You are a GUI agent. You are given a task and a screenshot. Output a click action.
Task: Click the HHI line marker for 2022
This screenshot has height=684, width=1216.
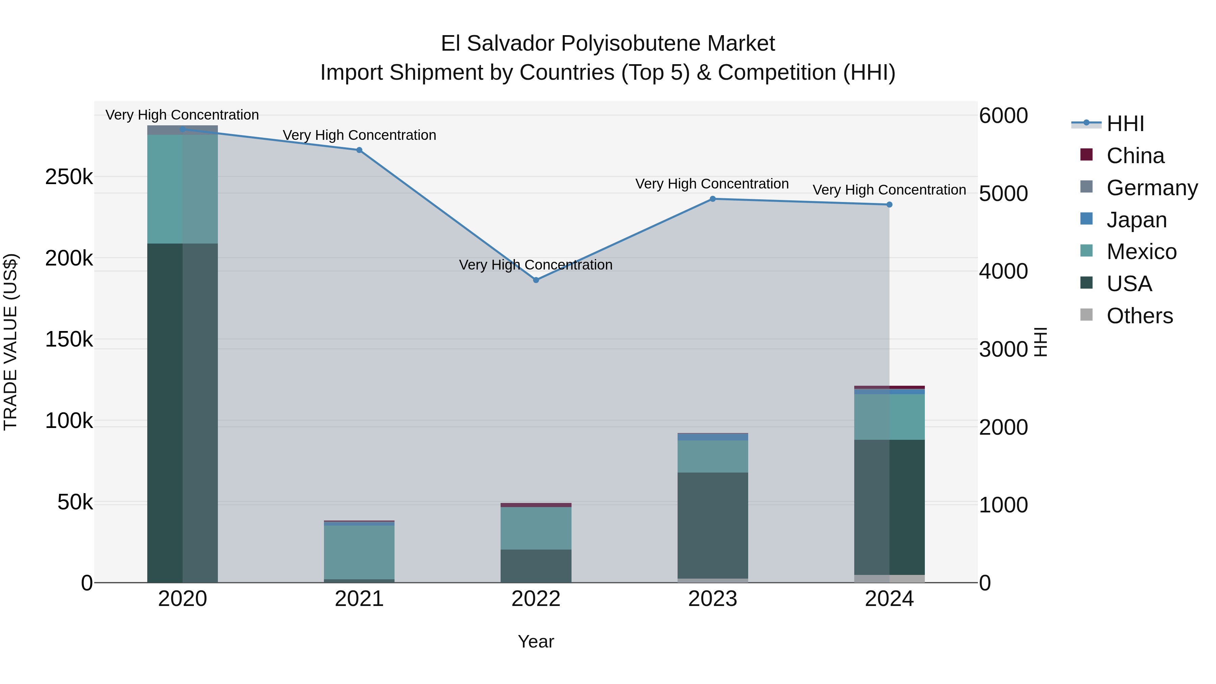pos(536,280)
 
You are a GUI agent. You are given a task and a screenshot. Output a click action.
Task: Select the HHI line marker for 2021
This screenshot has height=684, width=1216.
pos(359,150)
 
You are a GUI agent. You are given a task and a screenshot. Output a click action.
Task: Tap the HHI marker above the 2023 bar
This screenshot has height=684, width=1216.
pos(713,199)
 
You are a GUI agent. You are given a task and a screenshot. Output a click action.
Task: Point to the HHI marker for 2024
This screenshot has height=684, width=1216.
pos(889,204)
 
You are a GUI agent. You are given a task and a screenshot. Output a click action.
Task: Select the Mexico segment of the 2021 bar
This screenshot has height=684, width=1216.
pos(359,552)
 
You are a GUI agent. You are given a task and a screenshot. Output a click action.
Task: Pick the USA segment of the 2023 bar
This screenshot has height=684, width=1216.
pos(713,525)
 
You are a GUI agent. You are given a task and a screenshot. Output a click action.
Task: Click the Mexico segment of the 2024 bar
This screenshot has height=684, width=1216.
pos(889,417)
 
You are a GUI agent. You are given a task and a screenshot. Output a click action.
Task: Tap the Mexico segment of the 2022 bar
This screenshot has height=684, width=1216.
pos(536,528)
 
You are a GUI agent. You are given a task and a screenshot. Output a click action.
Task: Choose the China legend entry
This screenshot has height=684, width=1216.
pos(1135,156)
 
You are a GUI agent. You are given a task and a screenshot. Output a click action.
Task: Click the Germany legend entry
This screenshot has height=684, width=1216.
pos(1152,188)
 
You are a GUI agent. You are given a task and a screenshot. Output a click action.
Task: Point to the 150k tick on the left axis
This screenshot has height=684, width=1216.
pos(69,339)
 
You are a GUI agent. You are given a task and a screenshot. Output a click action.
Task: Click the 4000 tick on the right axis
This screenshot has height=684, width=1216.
pos(1003,272)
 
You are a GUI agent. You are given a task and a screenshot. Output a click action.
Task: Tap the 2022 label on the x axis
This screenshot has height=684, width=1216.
pos(536,599)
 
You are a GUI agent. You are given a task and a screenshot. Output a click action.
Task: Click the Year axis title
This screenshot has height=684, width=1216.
pos(536,641)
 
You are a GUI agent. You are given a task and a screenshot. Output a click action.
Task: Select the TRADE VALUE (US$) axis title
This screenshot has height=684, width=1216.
pos(10,342)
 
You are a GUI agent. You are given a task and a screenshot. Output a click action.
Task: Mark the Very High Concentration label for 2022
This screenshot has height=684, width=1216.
pos(536,265)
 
